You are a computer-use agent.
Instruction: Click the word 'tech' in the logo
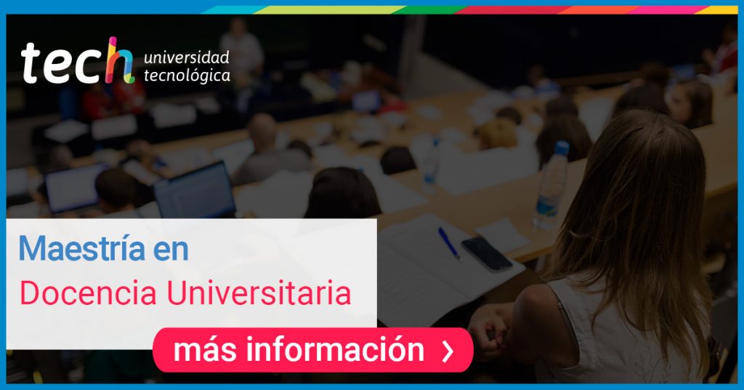tap(77, 63)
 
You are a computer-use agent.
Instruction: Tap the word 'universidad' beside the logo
tap(187, 57)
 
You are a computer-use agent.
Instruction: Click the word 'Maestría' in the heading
tap(81, 248)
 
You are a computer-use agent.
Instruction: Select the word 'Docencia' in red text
tap(88, 292)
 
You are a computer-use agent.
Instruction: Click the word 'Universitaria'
tap(259, 292)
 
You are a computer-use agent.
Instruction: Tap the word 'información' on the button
tap(335, 350)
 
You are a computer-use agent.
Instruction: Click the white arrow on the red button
tap(448, 351)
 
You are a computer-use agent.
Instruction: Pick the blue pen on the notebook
tap(449, 243)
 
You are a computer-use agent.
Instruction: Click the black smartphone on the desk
tap(487, 254)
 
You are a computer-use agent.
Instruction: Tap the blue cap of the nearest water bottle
tap(562, 148)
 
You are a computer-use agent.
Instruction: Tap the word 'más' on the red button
tap(206, 351)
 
